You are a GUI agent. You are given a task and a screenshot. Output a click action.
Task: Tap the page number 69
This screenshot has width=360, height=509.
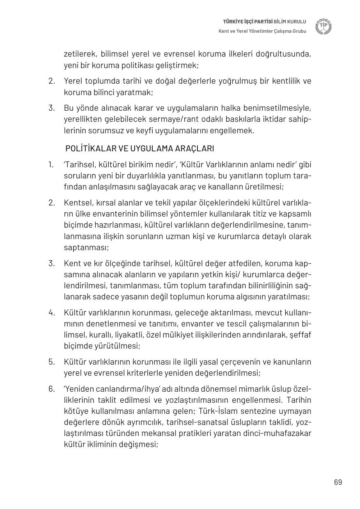[338, 482]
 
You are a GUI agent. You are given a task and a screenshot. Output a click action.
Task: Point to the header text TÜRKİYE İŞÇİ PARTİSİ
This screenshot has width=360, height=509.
[248, 21]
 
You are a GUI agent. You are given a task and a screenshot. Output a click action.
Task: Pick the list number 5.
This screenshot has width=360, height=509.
[51, 362]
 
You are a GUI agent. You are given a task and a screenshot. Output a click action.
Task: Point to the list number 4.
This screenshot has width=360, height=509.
[51, 313]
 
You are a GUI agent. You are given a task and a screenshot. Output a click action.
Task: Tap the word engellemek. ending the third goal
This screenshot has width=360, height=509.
[234, 131]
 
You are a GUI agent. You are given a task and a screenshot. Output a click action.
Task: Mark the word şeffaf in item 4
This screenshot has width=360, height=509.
[300, 335]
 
